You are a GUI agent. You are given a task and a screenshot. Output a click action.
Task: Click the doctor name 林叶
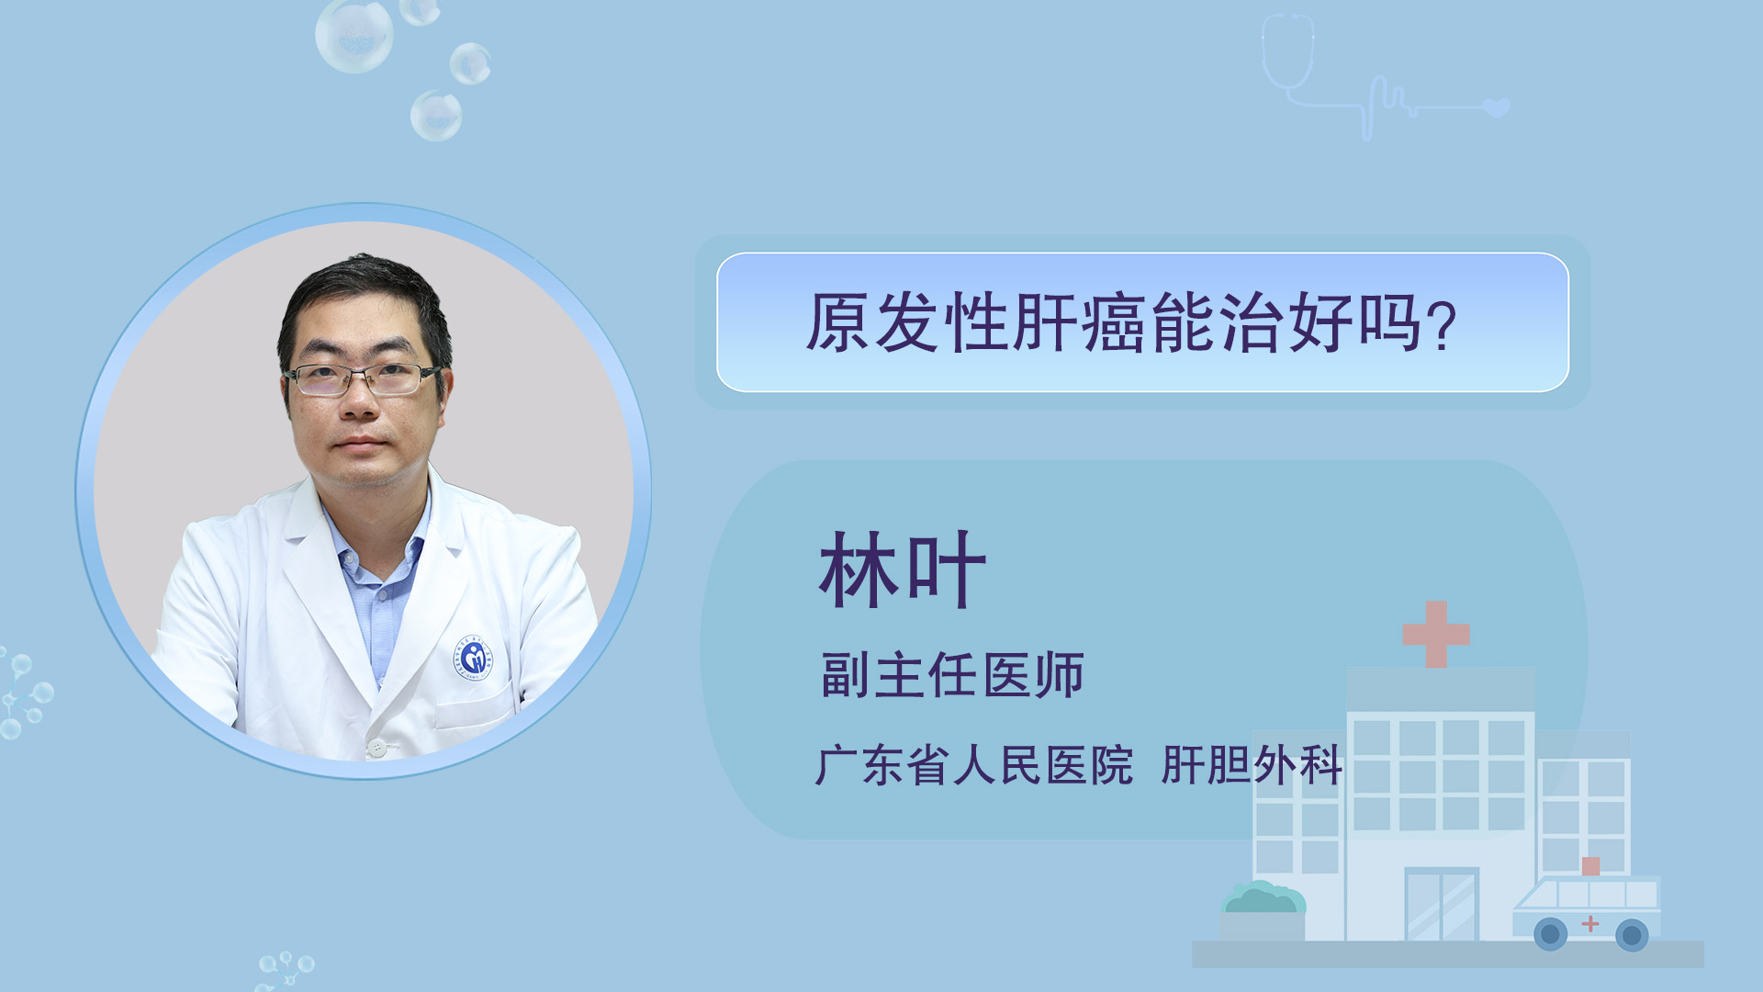(903, 570)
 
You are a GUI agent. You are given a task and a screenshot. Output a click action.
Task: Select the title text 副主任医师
(952, 675)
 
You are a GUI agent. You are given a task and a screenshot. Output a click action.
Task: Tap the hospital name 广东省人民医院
(974, 765)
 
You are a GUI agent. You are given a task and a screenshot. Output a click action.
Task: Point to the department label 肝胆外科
(1252, 765)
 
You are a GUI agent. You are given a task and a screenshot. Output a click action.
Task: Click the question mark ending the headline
(1443, 326)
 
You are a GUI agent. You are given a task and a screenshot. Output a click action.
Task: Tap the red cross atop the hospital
(1436, 634)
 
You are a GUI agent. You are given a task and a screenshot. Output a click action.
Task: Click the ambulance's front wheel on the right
(1632, 935)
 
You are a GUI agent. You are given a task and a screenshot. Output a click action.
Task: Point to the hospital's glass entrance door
(1442, 904)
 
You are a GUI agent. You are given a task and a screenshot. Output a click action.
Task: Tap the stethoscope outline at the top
(1288, 53)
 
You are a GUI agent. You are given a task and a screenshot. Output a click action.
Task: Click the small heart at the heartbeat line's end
(1497, 107)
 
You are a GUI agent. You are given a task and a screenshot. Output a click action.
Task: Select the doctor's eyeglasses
(362, 379)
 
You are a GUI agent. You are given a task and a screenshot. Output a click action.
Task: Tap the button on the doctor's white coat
(376, 748)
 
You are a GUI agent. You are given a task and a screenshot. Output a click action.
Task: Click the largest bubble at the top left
(354, 35)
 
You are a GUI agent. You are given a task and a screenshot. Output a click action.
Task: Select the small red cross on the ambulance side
(1589, 923)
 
